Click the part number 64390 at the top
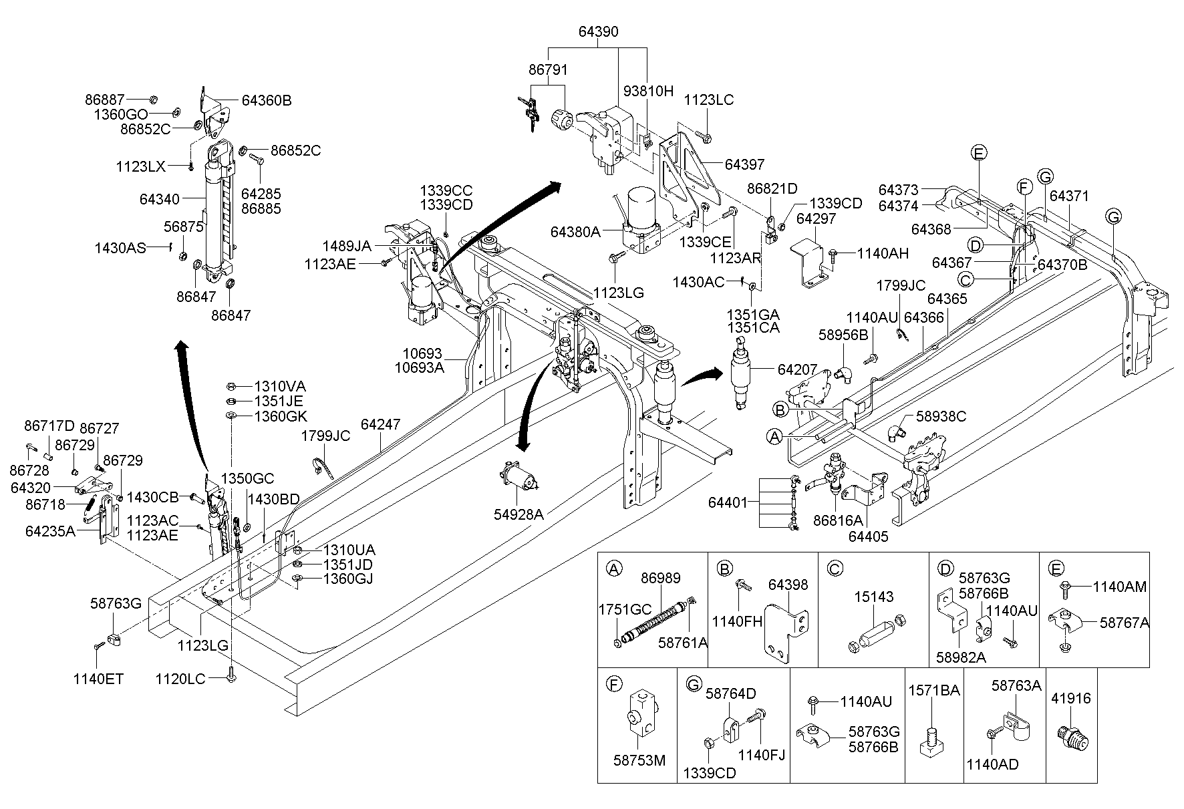click(598, 31)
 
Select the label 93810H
click(649, 92)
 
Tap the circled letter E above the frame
click(978, 153)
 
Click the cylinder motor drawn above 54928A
click(519, 479)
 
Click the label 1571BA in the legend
click(934, 691)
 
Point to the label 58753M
click(639, 761)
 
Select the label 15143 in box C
click(874, 597)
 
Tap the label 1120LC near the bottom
click(180, 679)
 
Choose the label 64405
click(869, 536)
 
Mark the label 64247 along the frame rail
click(380, 424)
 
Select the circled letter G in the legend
click(694, 683)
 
